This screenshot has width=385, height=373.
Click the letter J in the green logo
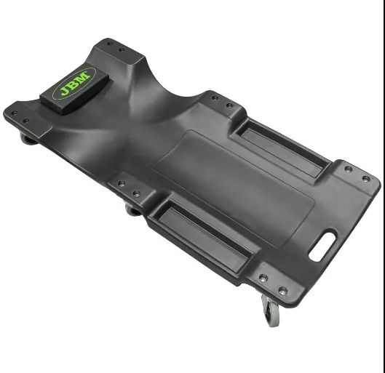(66, 91)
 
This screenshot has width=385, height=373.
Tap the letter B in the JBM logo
(74, 83)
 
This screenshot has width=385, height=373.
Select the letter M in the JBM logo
(84, 76)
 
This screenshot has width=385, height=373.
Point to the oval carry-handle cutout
(322, 245)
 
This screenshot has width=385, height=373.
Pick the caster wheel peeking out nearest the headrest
(28, 140)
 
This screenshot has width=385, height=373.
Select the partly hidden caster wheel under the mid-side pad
(132, 210)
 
